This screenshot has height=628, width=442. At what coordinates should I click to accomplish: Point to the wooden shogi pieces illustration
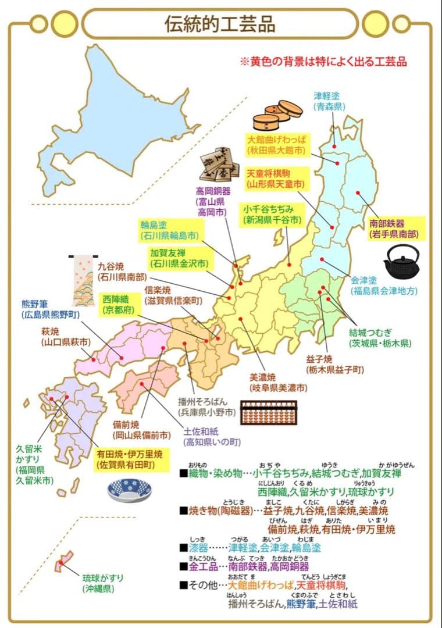point(219,166)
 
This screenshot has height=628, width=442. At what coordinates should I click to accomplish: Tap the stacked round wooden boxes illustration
point(277,116)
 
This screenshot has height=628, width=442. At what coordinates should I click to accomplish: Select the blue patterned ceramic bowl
point(129,490)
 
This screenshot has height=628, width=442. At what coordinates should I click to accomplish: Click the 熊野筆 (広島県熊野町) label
point(51,309)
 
